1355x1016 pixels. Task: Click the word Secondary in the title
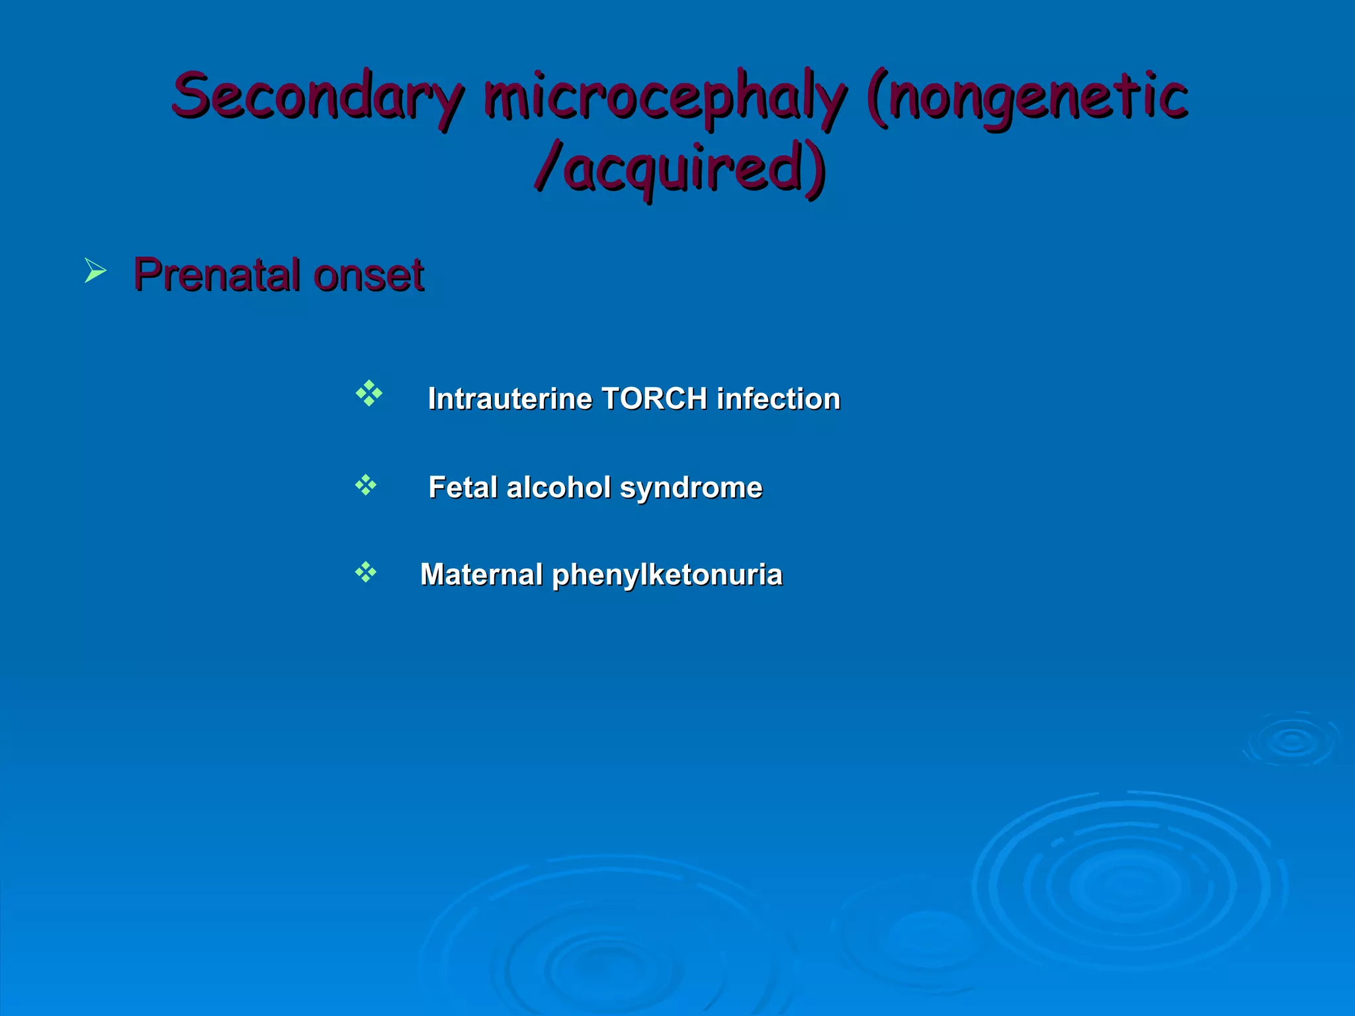pos(316,97)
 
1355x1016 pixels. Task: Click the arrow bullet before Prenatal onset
pos(95,271)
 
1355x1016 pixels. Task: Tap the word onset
pos(368,275)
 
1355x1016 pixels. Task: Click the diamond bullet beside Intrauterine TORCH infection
pos(369,394)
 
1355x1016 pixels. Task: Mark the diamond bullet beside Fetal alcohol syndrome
pos(365,486)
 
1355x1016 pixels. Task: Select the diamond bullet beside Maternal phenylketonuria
pos(365,572)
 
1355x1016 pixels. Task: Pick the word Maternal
pos(481,574)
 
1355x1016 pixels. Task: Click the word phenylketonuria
pos(667,575)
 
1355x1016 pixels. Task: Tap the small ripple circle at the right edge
pos(1291,740)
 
